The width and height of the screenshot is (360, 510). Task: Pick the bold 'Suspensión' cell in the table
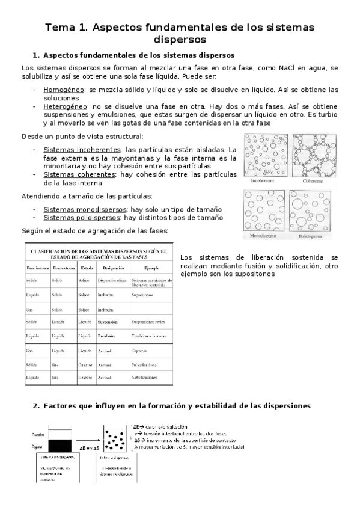pyautogui.click(x=110, y=322)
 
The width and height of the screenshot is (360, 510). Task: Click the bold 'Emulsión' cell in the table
pyautogui.click(x=109, y=336)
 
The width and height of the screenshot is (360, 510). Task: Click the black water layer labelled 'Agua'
pyautogui.click(x=60, y=446)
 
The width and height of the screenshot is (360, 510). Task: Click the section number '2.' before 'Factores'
pyautogui.click(x=36, y=406)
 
